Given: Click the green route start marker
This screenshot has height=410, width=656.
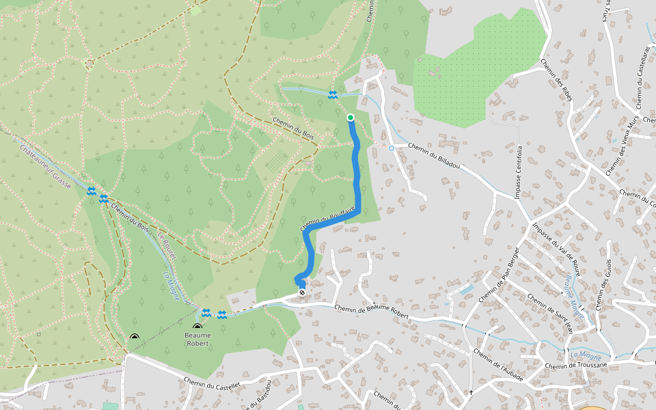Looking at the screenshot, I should (351, 118).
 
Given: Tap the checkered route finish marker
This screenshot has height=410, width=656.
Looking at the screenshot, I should (302, 292).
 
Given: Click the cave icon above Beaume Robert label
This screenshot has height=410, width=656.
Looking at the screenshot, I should (197, 327).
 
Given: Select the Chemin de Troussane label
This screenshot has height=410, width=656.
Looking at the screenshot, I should (576, 366).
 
